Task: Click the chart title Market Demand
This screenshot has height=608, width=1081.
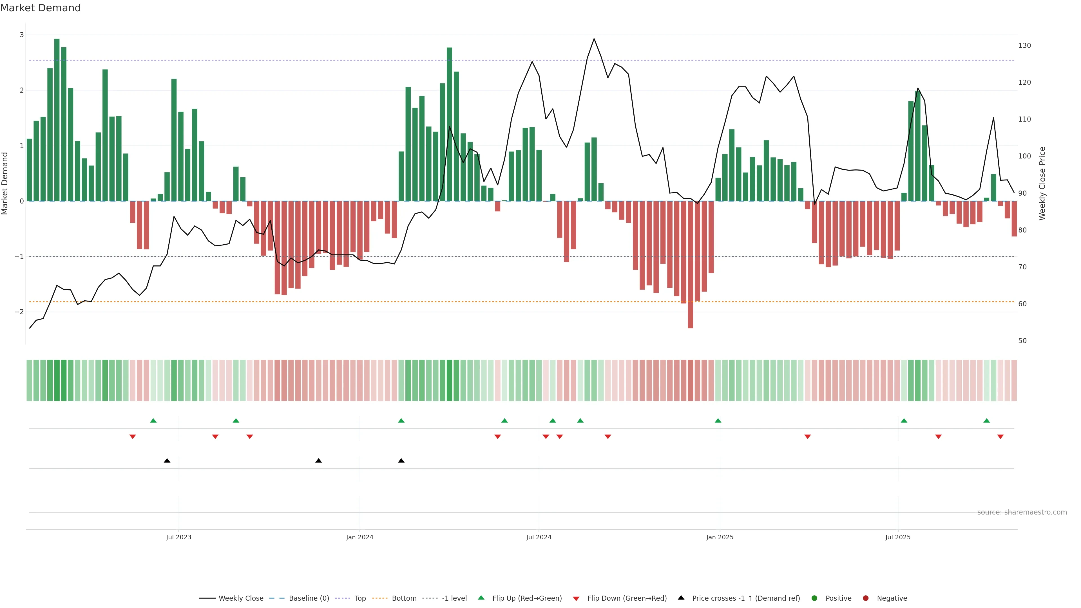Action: pos(40,8)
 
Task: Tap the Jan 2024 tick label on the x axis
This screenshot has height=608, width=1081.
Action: pos(360,537)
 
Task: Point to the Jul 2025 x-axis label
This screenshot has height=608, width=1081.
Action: pos(898,537)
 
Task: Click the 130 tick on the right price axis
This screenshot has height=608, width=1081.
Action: pos(1024,45)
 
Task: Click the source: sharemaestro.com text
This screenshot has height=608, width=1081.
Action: pos(1022,512)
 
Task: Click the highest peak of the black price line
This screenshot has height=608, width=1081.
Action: pos(594,39)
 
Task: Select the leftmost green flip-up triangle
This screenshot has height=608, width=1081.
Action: pos(153,421)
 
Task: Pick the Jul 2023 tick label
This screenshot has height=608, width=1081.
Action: pos(178,537)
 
